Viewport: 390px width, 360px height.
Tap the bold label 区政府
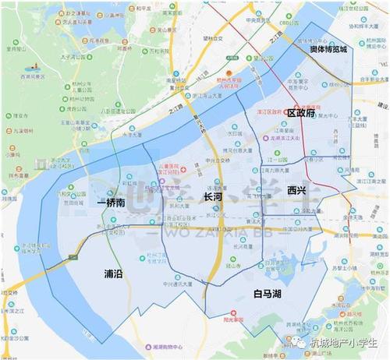[x=300, y=113]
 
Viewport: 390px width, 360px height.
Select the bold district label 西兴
[x=296, y=189]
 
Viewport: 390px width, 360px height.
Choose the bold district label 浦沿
[x=113, y=274]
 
